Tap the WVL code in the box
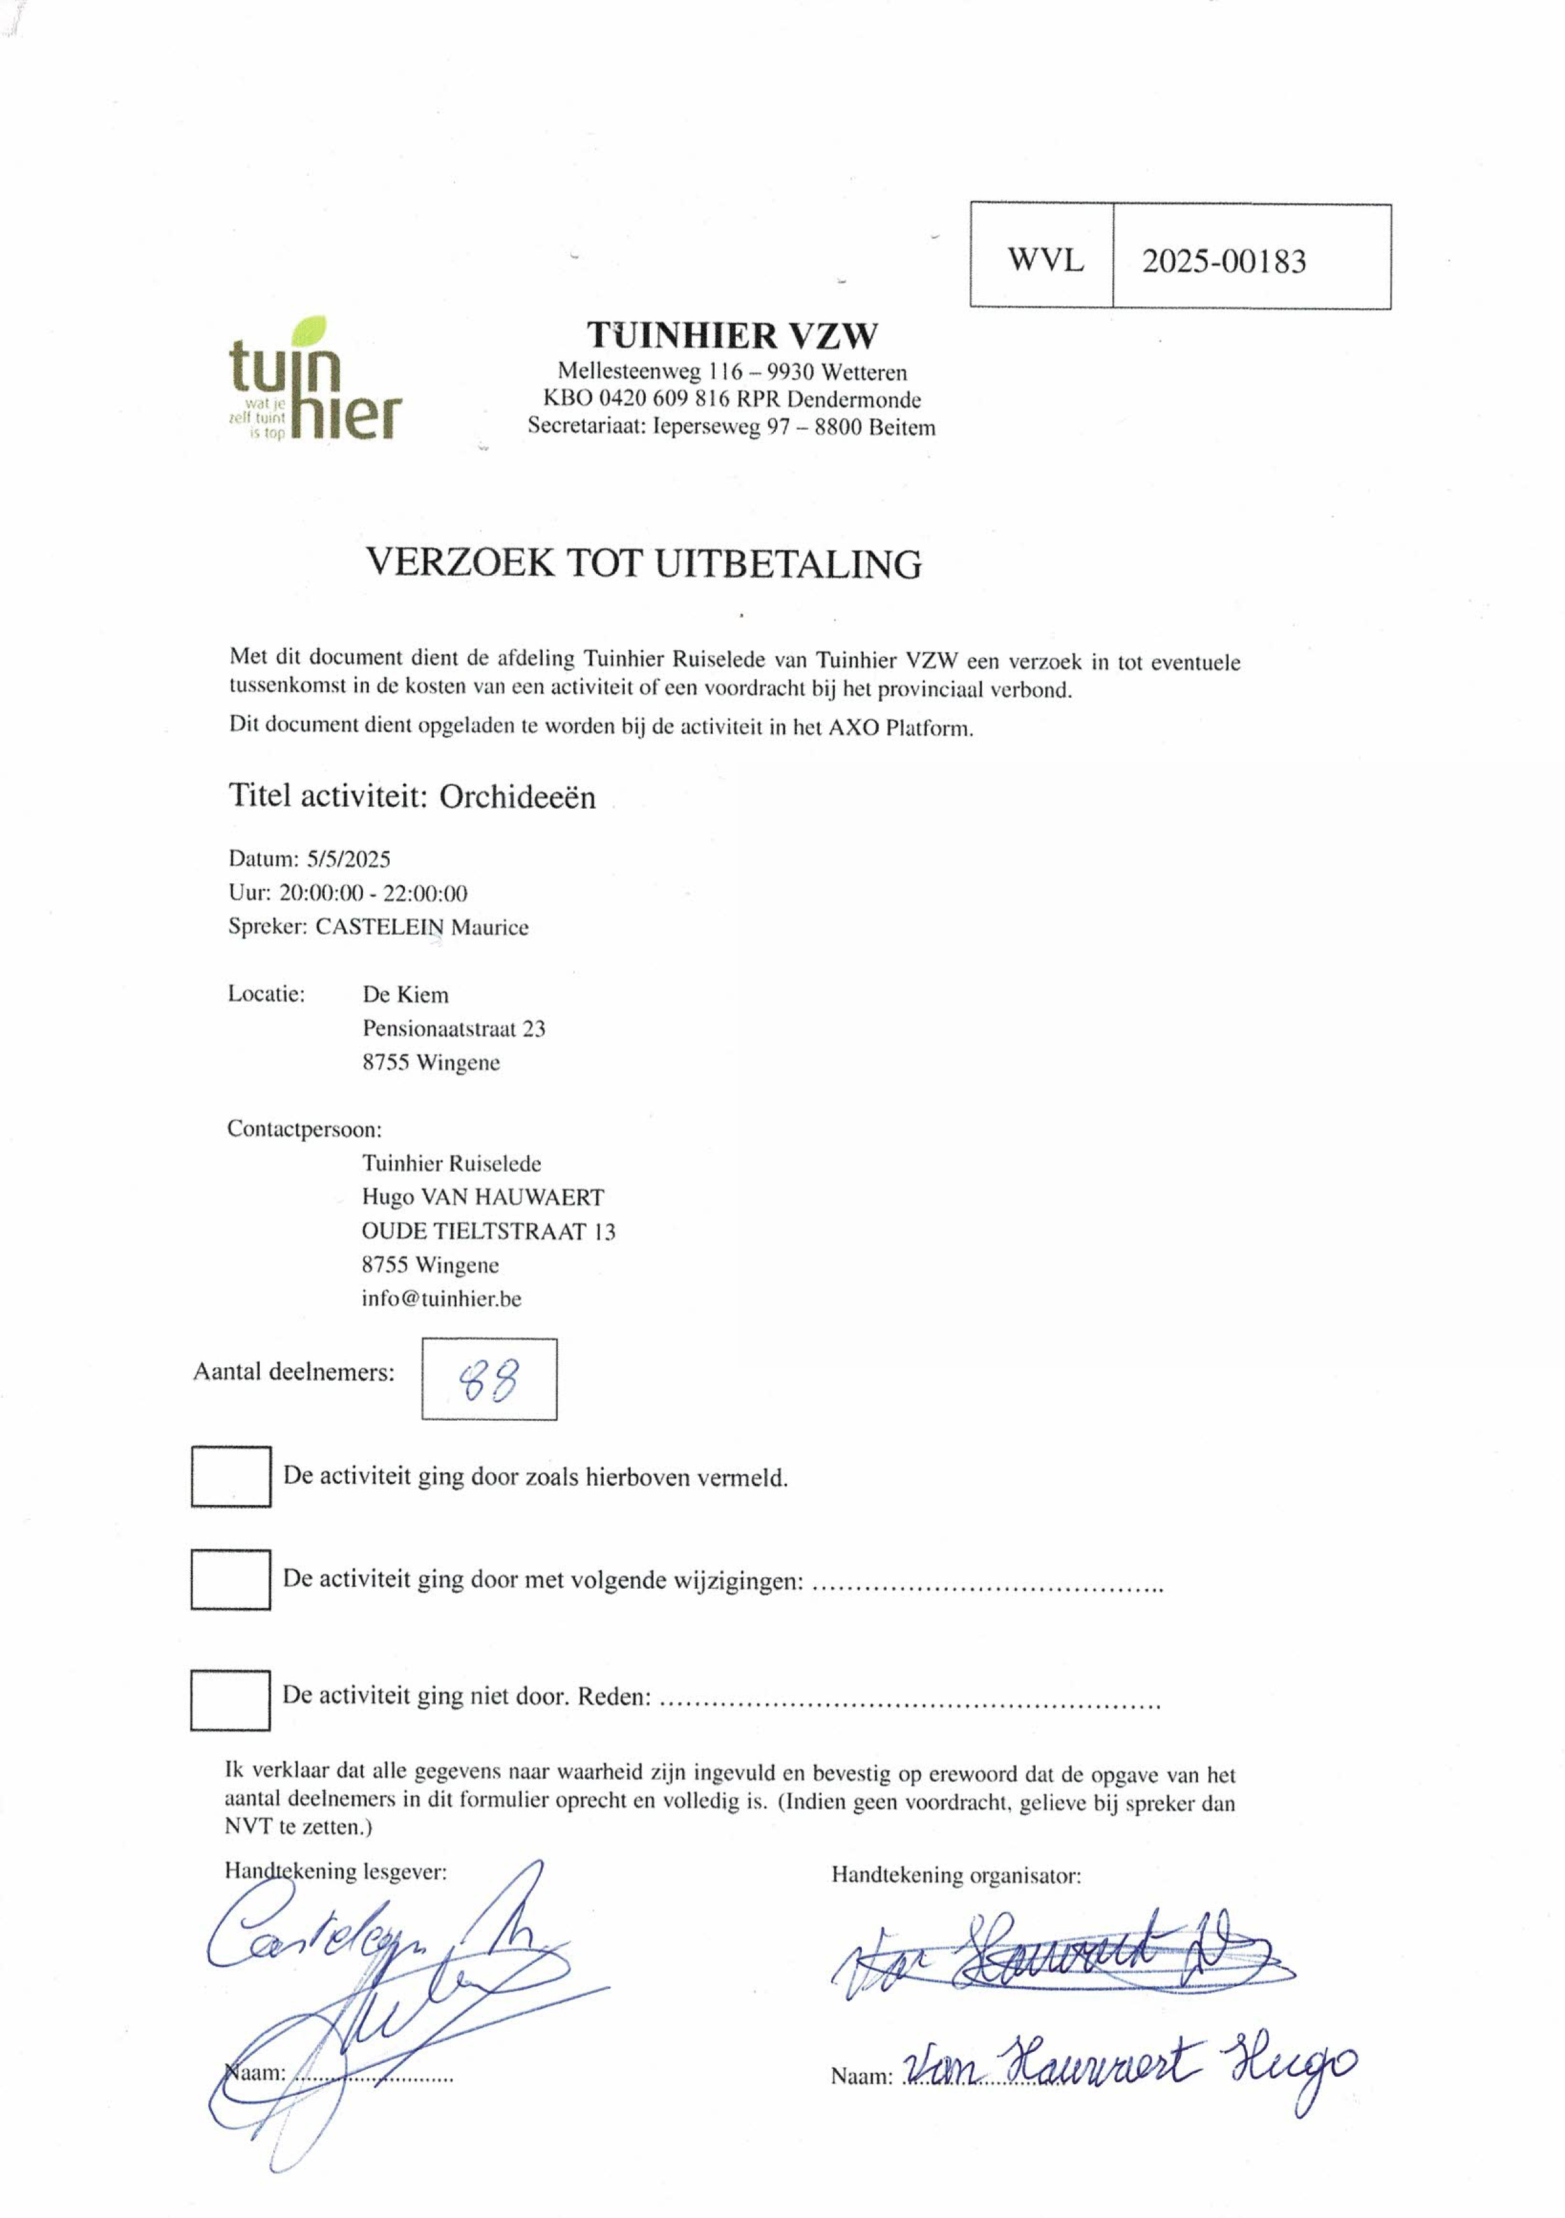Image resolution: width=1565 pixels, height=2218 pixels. point(1045,260)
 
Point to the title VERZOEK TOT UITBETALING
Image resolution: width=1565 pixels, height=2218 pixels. point(643,563)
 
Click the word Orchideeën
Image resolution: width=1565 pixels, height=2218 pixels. point(518,797)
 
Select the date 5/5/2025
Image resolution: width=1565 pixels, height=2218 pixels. point(349,859)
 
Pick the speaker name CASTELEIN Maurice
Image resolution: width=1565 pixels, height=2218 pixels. point(422,927)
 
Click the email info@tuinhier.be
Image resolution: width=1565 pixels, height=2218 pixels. point(441,1298)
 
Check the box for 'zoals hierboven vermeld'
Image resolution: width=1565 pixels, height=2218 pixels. point(230,1476)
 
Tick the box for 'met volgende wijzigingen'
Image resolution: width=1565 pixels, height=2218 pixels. point(230,1579)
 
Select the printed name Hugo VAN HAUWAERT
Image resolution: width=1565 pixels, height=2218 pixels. point(483,1198)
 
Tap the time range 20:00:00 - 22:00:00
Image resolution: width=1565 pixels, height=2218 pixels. point(373,893)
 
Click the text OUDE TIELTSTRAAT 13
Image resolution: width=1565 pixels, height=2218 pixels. point(488,1232)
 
